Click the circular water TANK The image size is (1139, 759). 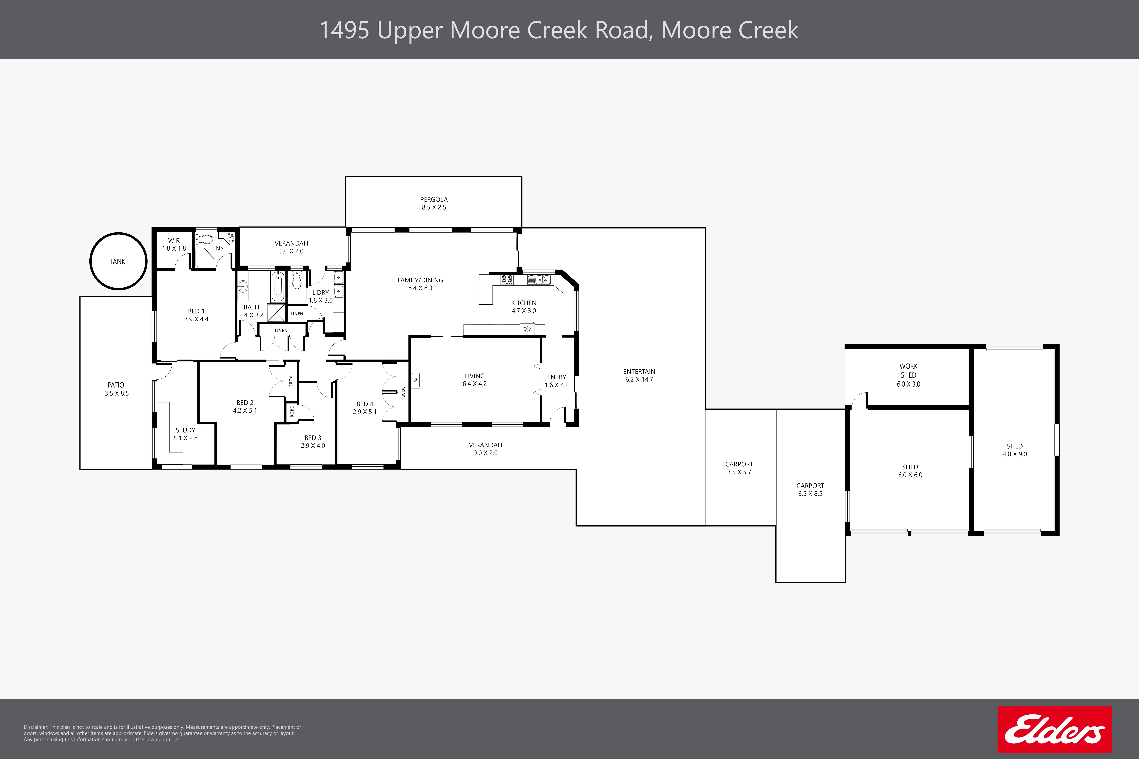[118, 261]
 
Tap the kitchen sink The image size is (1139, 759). [538, 279]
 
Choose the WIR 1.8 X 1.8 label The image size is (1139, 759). [174, 244]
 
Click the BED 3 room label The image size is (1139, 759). [313, 438]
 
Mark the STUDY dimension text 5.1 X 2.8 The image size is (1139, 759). [185, 438]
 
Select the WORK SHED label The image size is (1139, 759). [908, 371]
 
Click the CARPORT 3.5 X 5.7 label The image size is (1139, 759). [739, 468]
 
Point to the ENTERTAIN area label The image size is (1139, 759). [639, 372]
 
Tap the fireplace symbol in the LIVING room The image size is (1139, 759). [415, 380]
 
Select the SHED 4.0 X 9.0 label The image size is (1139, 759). [1015, 450]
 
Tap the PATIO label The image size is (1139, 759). [116, 385]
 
